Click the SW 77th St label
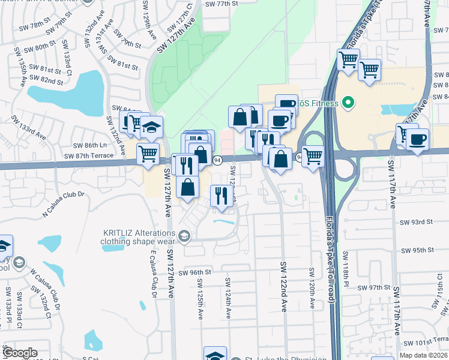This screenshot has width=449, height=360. [221, 4]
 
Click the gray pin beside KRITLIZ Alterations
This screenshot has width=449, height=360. [184, 236]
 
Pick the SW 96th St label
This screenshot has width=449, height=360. [196, 272]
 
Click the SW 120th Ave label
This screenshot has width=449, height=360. [312, 288]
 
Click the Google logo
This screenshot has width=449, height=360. [20, 353]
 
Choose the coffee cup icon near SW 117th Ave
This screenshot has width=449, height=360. [417, 140]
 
